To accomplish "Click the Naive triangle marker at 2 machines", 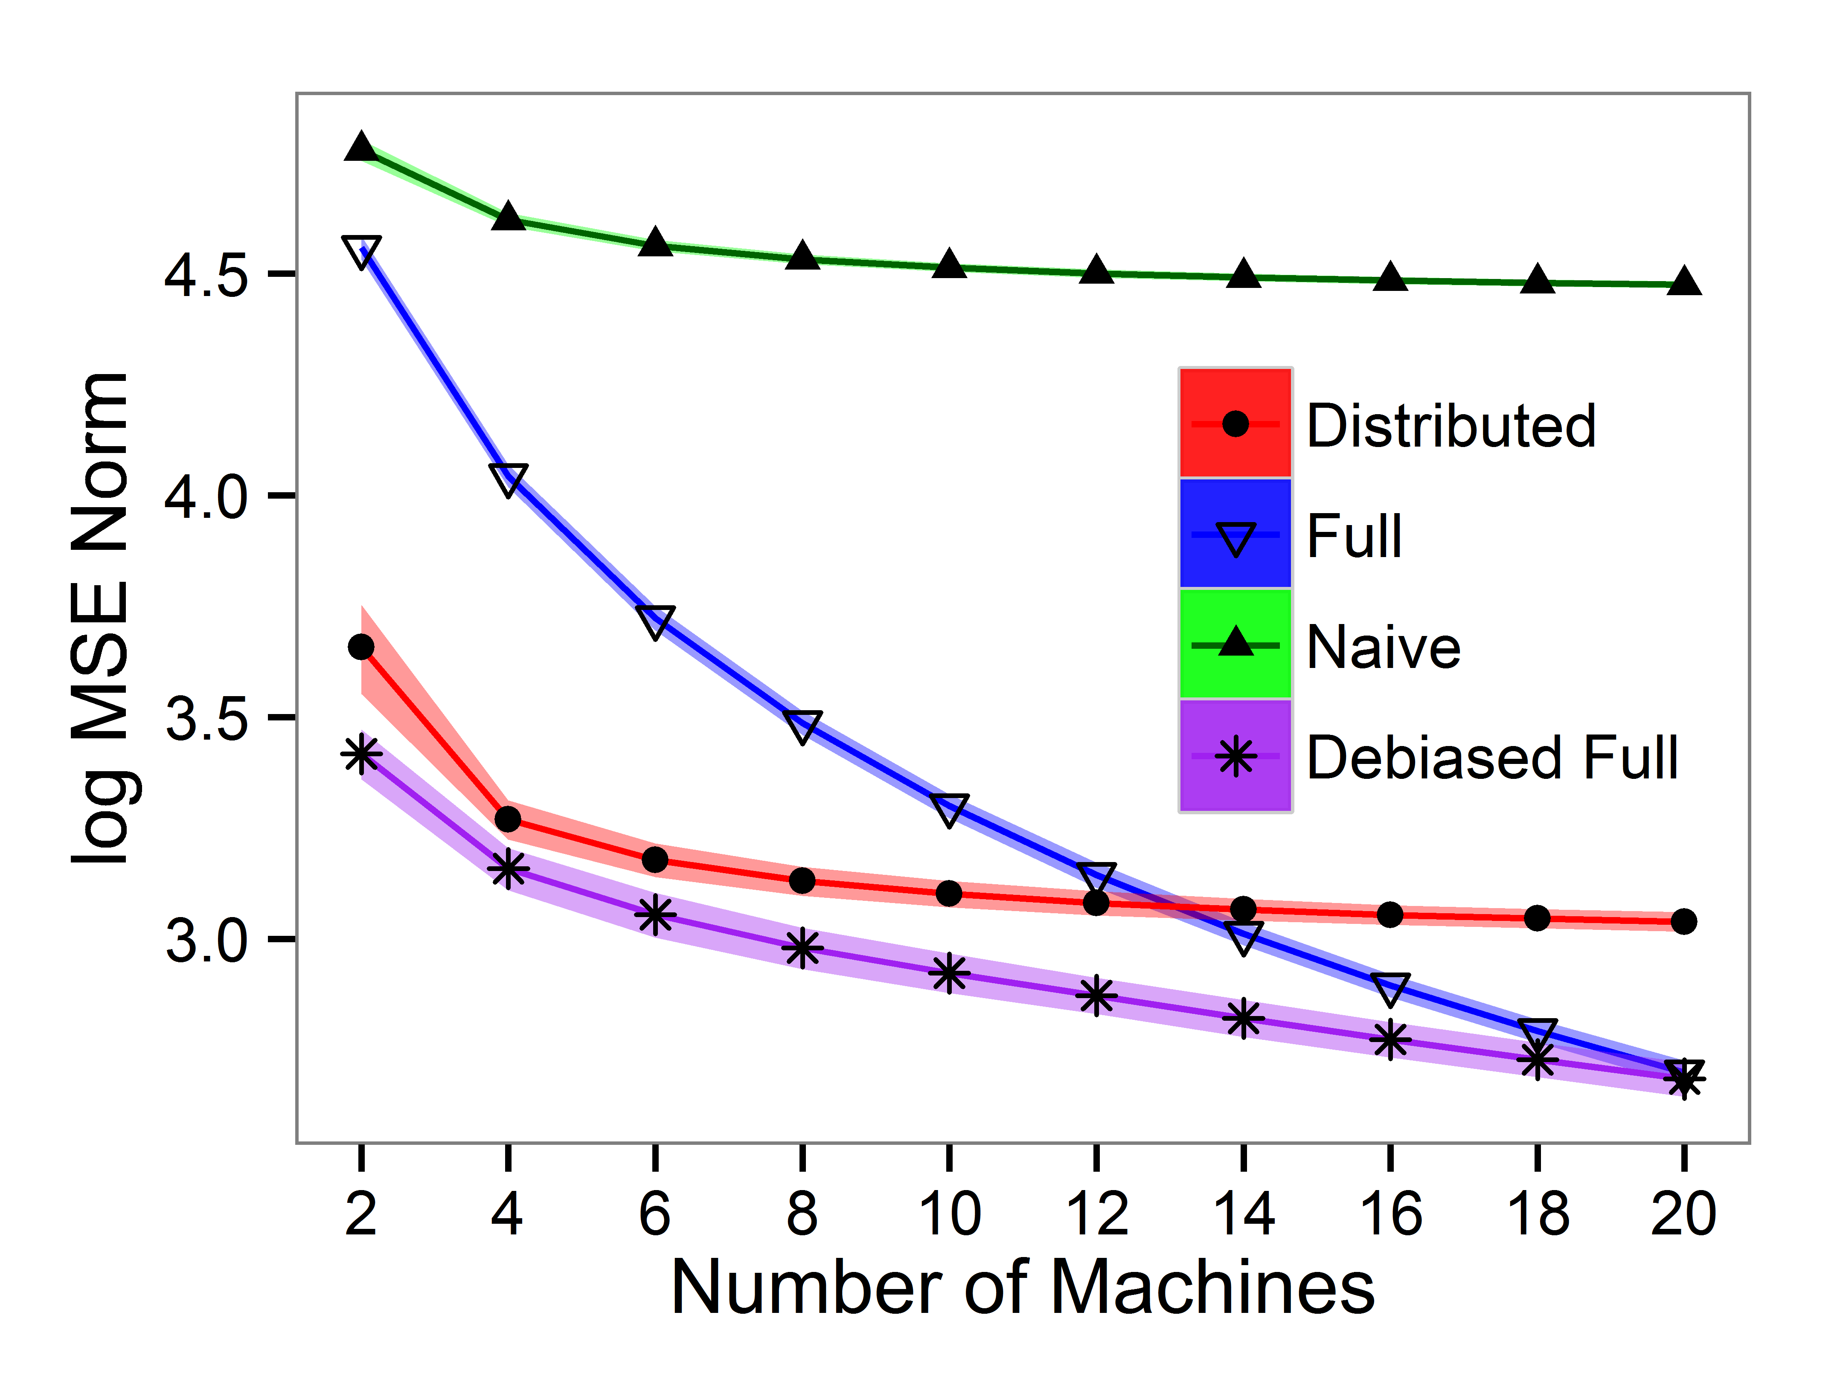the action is (x=361, y=147).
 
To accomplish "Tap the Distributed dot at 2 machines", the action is (x=361, y=647).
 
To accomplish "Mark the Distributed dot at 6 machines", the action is (x=655, y=859).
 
